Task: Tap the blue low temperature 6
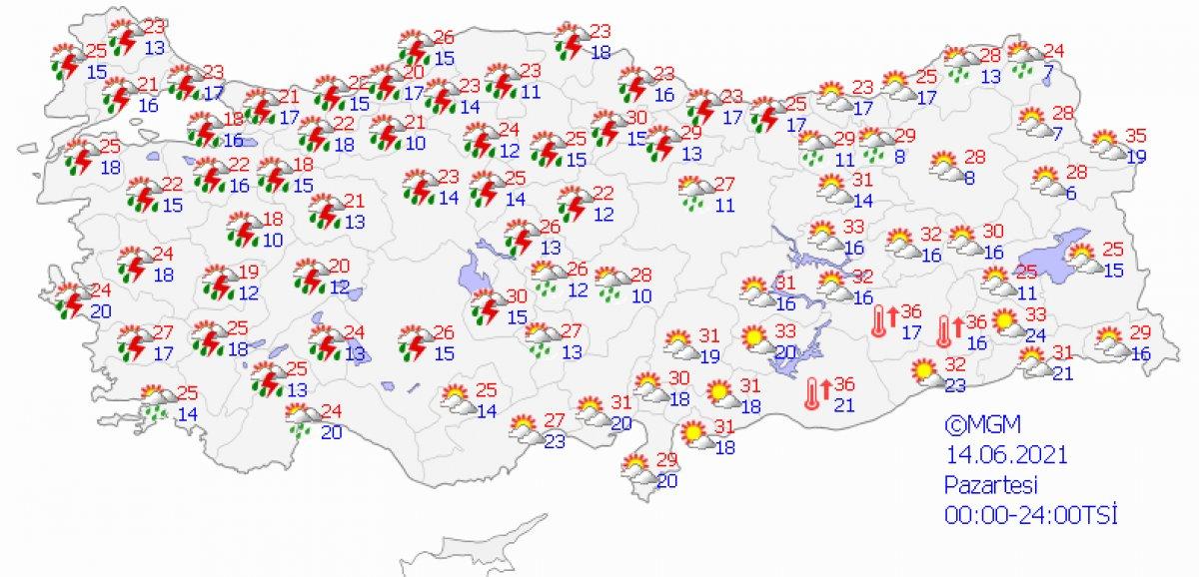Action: coord(1071,193)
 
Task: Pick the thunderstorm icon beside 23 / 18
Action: coord(572,41)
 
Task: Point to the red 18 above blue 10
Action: coord(273,219)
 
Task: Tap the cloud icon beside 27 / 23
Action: coord(525,429)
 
